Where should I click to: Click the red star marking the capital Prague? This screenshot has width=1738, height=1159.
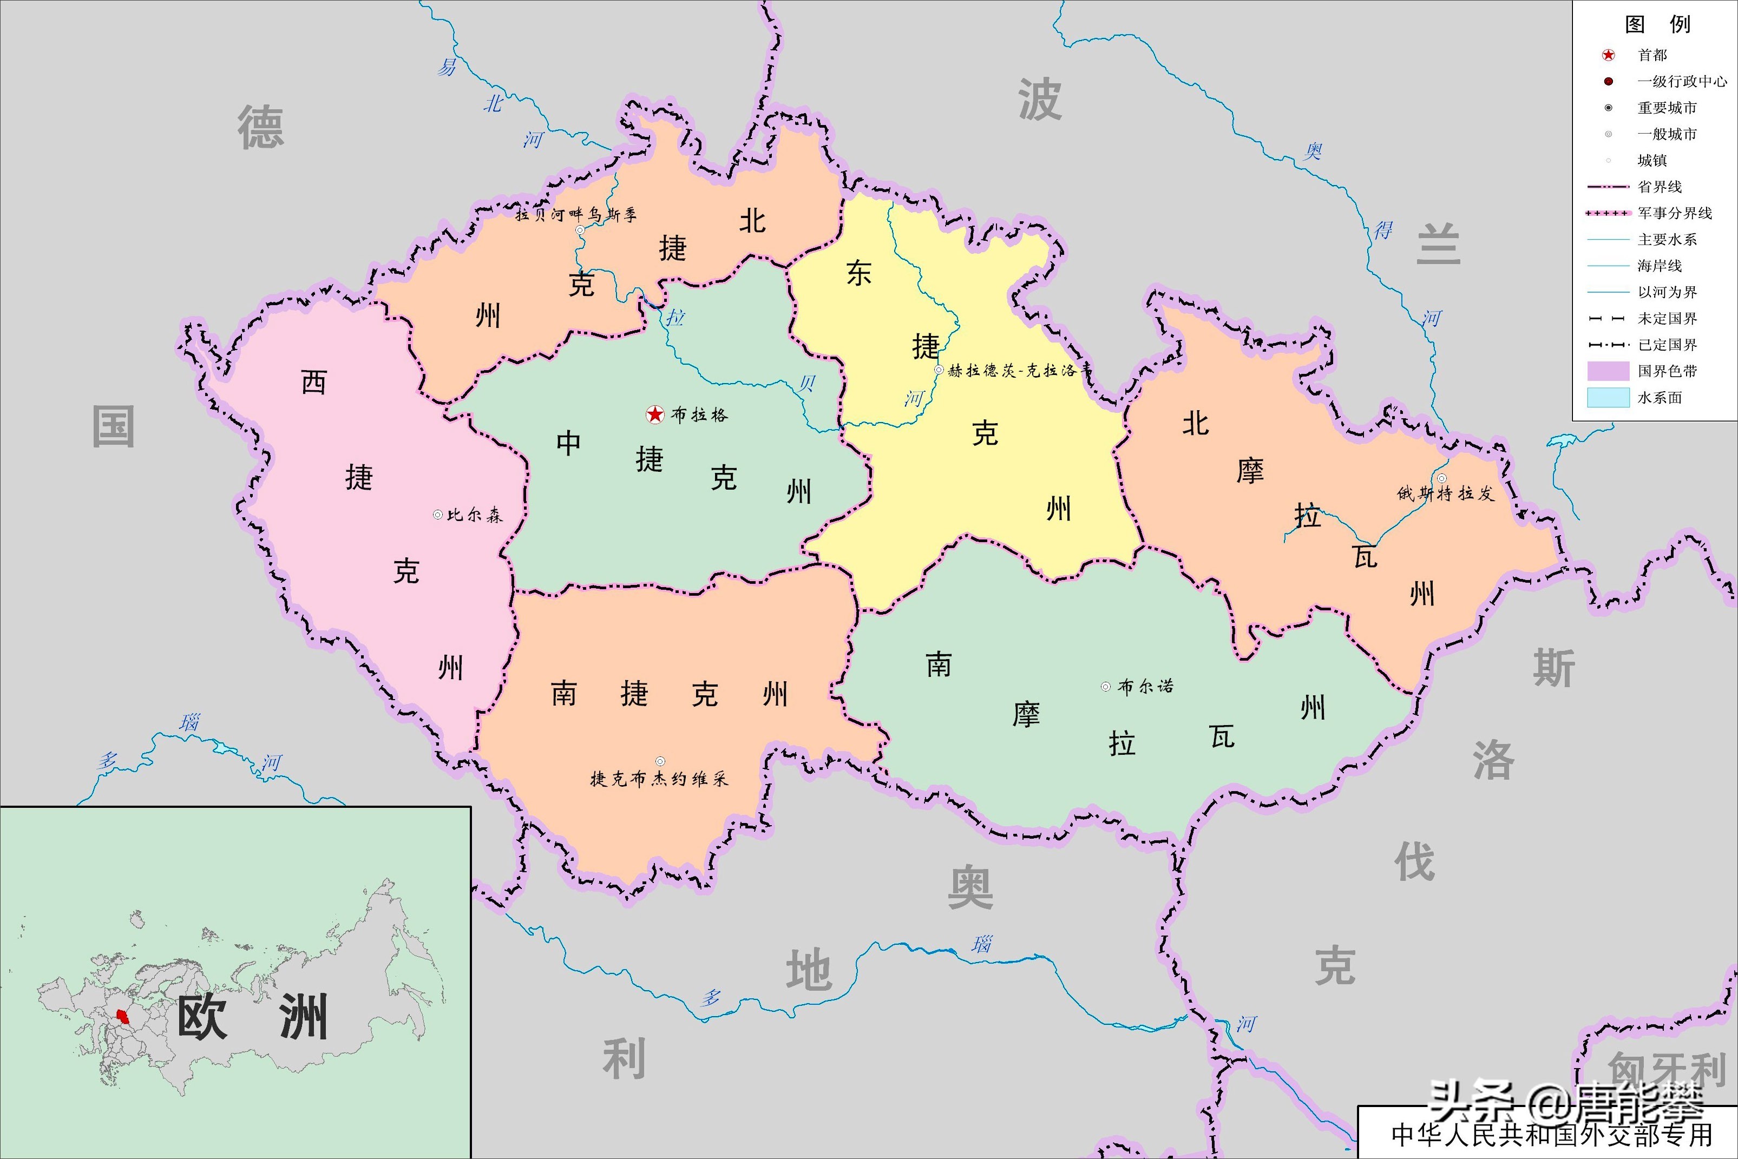(655, 414)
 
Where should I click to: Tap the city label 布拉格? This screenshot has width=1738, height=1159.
(699, 414)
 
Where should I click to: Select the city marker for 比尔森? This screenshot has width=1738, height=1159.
(438, 515)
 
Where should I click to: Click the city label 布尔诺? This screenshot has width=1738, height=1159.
(1145, 687)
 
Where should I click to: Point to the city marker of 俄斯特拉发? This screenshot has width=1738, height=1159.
(1441, 478)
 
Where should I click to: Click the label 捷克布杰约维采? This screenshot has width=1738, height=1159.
(659, 778)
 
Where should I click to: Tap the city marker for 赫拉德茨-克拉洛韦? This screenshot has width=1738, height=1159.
(939, 370)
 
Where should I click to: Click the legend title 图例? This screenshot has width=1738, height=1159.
(1657, 24)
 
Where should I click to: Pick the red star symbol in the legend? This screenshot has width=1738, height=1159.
(1609, 55)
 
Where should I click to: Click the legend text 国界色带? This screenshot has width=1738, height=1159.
(1667, 371)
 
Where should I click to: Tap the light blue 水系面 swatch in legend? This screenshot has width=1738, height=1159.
(1609, 398)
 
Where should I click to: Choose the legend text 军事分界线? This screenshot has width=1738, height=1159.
(1675, 213)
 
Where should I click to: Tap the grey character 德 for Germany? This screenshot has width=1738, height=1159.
(260, 128)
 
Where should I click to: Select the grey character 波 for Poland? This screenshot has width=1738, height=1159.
(1039, 100)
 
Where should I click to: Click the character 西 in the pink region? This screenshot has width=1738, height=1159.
(313, 382)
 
